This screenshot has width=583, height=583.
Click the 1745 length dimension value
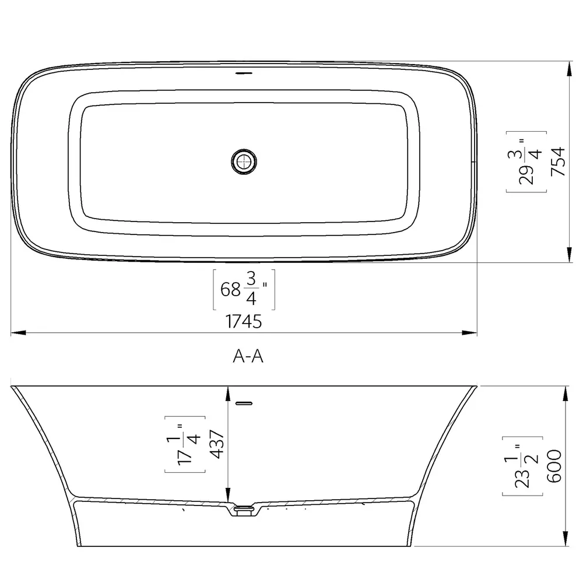click(x=244, y=321)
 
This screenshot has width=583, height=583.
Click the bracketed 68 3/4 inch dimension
click(x=244, y=289)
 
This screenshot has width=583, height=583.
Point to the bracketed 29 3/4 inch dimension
click(x=526, y=161)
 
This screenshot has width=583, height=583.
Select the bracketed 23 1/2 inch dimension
click(x=522, y=466)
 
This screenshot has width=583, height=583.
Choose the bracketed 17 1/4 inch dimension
click(x=185, y=445)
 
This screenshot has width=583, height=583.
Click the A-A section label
click(x=248, y=357)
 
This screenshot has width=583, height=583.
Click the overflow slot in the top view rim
click(x=244, y=74)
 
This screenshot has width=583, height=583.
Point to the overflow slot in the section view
click(x=244, y=402)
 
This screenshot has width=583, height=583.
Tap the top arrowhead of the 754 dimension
click(x=568, y=68)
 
